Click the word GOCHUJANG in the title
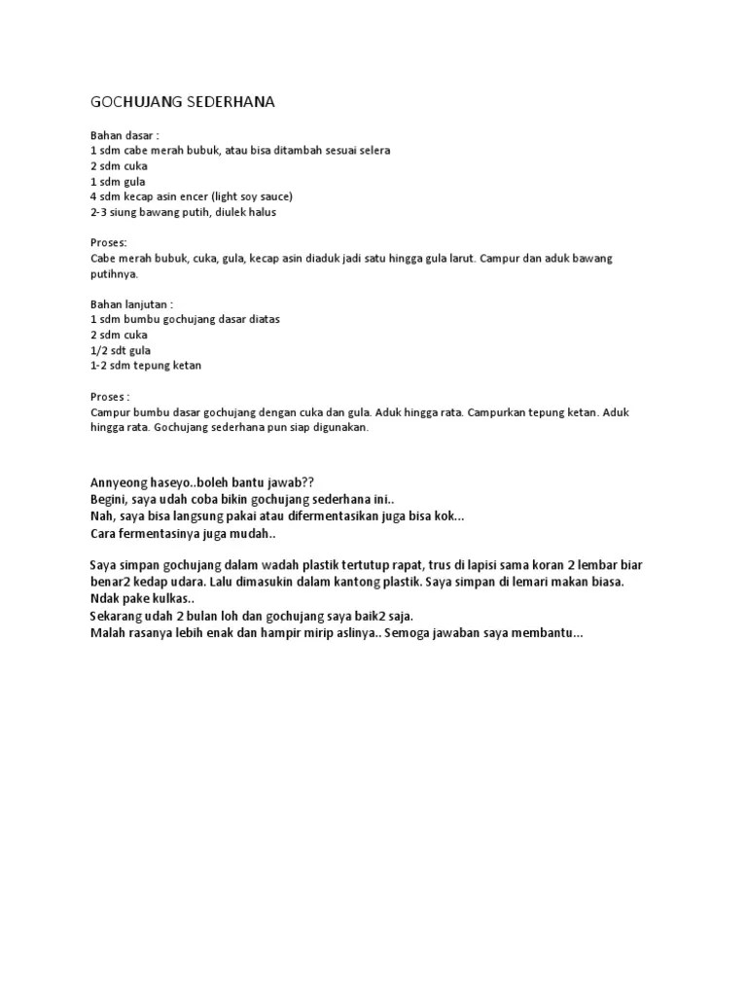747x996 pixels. tap(133, 102)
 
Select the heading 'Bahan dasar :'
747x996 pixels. tap(124, 135)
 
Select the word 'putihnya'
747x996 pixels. tap(114, 274)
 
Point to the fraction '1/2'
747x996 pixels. tap(98, 350)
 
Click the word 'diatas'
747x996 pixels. tap(261, 319)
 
